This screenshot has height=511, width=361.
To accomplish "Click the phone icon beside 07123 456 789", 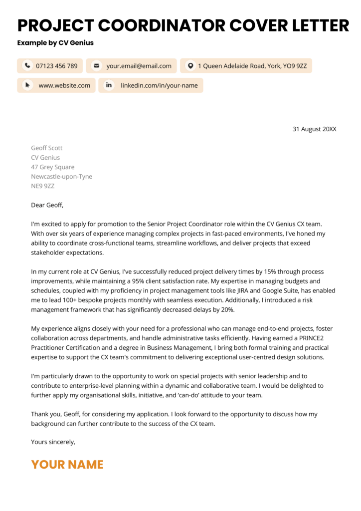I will [27, 66].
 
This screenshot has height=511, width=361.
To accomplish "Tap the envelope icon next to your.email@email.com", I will [96, 66].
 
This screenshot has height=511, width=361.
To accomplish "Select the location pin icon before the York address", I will [189, 66].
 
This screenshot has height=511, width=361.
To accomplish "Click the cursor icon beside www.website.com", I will [27, 85].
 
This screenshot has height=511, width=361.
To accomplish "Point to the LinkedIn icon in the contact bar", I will [108, 85].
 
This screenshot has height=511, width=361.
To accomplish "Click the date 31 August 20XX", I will [314, 129].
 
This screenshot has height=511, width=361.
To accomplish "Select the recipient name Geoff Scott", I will [47, 148].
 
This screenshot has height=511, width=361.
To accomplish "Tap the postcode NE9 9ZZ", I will [43, 186].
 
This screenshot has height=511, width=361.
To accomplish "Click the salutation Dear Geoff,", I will [47, 205].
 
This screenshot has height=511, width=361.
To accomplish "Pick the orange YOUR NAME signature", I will [67, 465].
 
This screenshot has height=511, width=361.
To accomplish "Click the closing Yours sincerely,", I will [53, 442].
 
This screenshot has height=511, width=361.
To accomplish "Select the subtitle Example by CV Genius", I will [55, 43].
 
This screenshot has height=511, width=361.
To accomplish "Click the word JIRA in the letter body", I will [250, 290].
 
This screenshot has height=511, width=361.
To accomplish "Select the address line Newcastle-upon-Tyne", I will [61, 177].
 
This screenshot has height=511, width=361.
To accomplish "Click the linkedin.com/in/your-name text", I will [159, 85].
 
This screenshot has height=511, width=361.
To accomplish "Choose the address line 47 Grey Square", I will [52, 167].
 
